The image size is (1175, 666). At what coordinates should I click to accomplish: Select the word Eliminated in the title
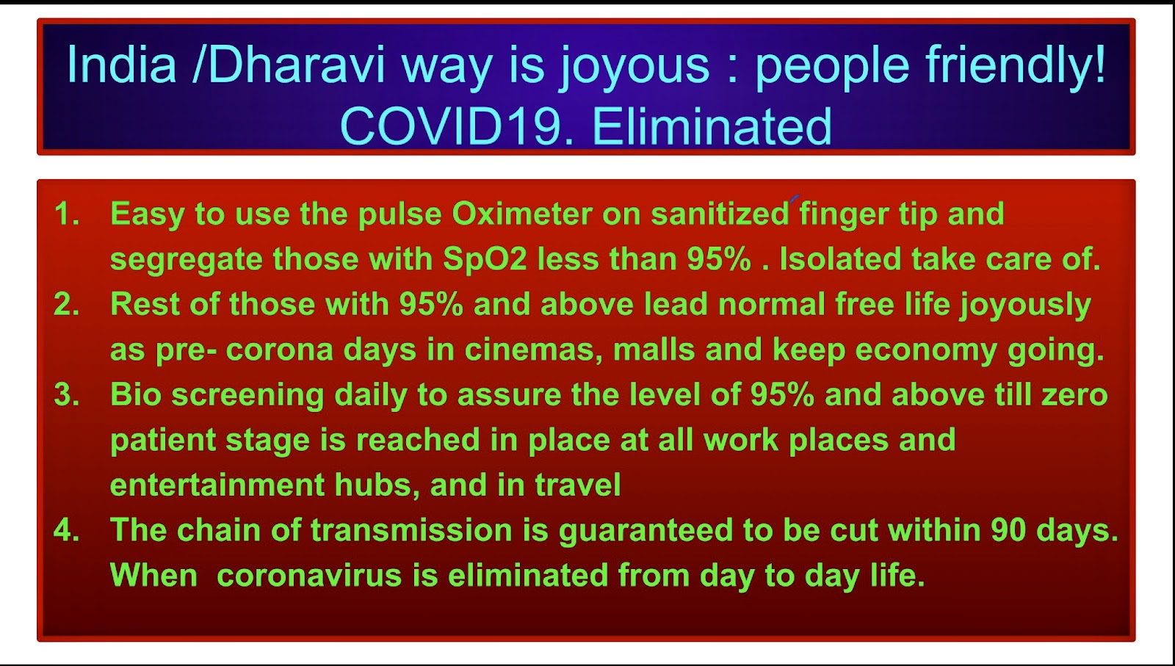(x=712, y=126)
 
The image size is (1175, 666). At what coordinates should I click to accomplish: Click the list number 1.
(x=67, y=214)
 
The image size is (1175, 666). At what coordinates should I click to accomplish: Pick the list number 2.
(x=67, y=304)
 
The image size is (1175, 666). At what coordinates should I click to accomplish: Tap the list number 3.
(x=67, y=394)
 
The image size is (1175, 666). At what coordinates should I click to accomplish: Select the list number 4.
(x=67, y=529)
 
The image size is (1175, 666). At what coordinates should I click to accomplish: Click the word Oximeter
(x=522, y=214)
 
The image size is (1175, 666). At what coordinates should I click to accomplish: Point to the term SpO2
(x=485, y=259)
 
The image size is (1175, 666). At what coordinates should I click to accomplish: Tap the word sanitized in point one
(x=720, y=214)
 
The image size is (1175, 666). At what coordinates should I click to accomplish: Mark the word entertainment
(x=217, y=485)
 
